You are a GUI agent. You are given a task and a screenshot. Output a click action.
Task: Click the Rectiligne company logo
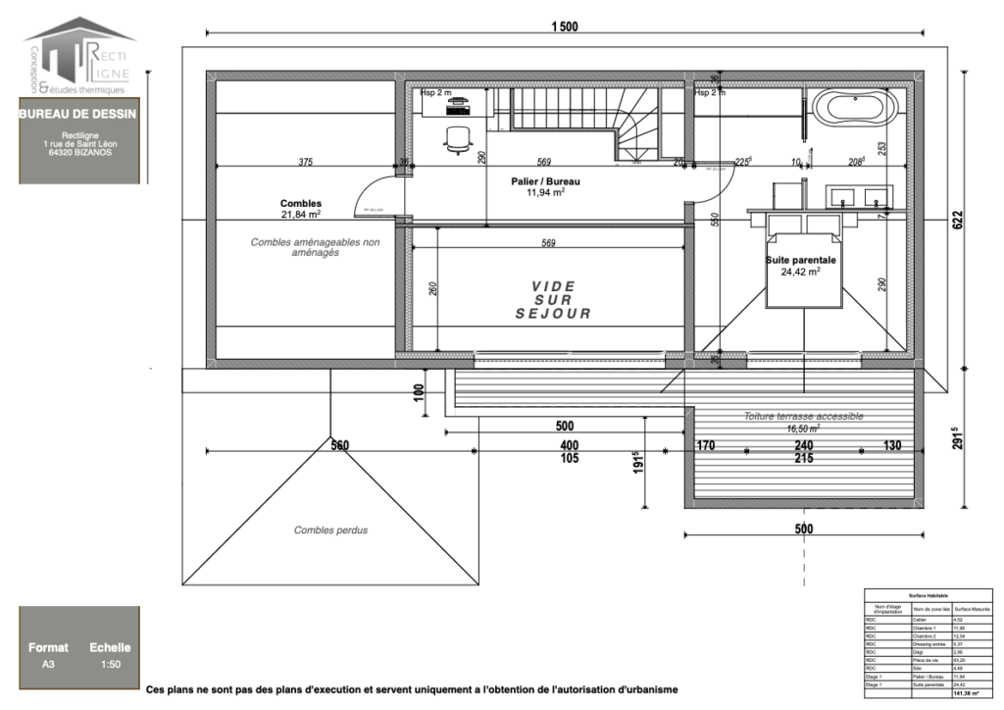(x=79, y=55)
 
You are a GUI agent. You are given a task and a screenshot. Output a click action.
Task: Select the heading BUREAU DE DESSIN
(x=77, y=114)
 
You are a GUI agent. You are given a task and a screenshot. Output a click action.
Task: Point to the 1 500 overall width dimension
(x=564, y=26)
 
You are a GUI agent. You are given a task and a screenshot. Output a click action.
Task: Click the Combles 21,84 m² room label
(x=301, y=209)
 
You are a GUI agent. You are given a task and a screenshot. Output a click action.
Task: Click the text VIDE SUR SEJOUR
(x=554, y=300)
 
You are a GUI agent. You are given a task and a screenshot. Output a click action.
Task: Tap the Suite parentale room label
(x=800, y=266)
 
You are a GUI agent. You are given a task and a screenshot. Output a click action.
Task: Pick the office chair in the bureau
(x=457, y=139)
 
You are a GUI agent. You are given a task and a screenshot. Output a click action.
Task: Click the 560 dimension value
(x=339, y=446)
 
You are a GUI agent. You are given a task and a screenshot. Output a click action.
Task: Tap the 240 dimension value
(x=803, y=446)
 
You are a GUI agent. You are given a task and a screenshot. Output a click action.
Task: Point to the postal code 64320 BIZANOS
(x=77, y=152)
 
